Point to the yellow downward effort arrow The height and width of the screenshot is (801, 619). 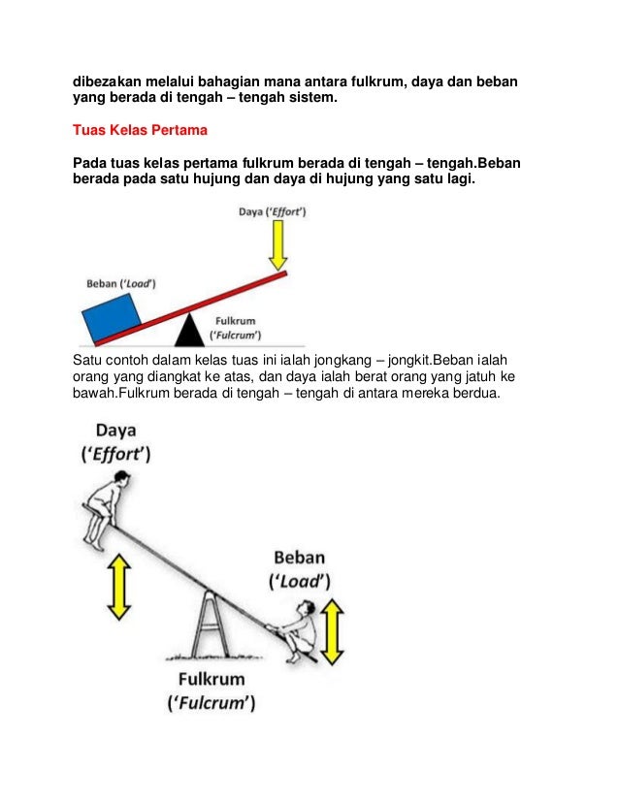click(x=278, y=245)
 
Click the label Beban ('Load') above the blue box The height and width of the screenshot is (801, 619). click(x=121, y=283)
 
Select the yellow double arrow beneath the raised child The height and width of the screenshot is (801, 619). click(x=118, y=586)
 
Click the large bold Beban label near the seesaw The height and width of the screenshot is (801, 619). click(x=298, y=558)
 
